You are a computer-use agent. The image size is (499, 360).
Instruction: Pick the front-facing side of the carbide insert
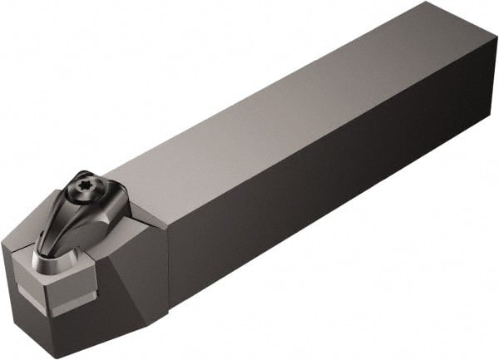pyautogui.click(x=71, y=288)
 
